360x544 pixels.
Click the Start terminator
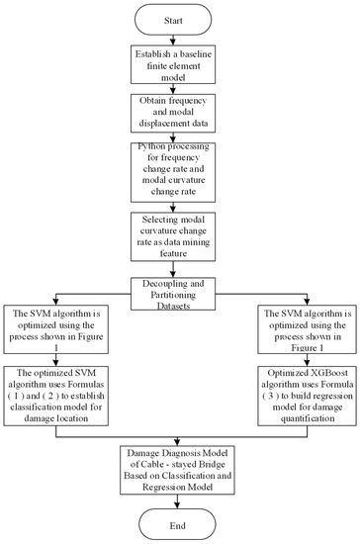click(x=179, y=21)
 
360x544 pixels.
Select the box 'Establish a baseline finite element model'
click(x=179, y=68)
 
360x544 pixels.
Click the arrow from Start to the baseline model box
click(x=179, y=43)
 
